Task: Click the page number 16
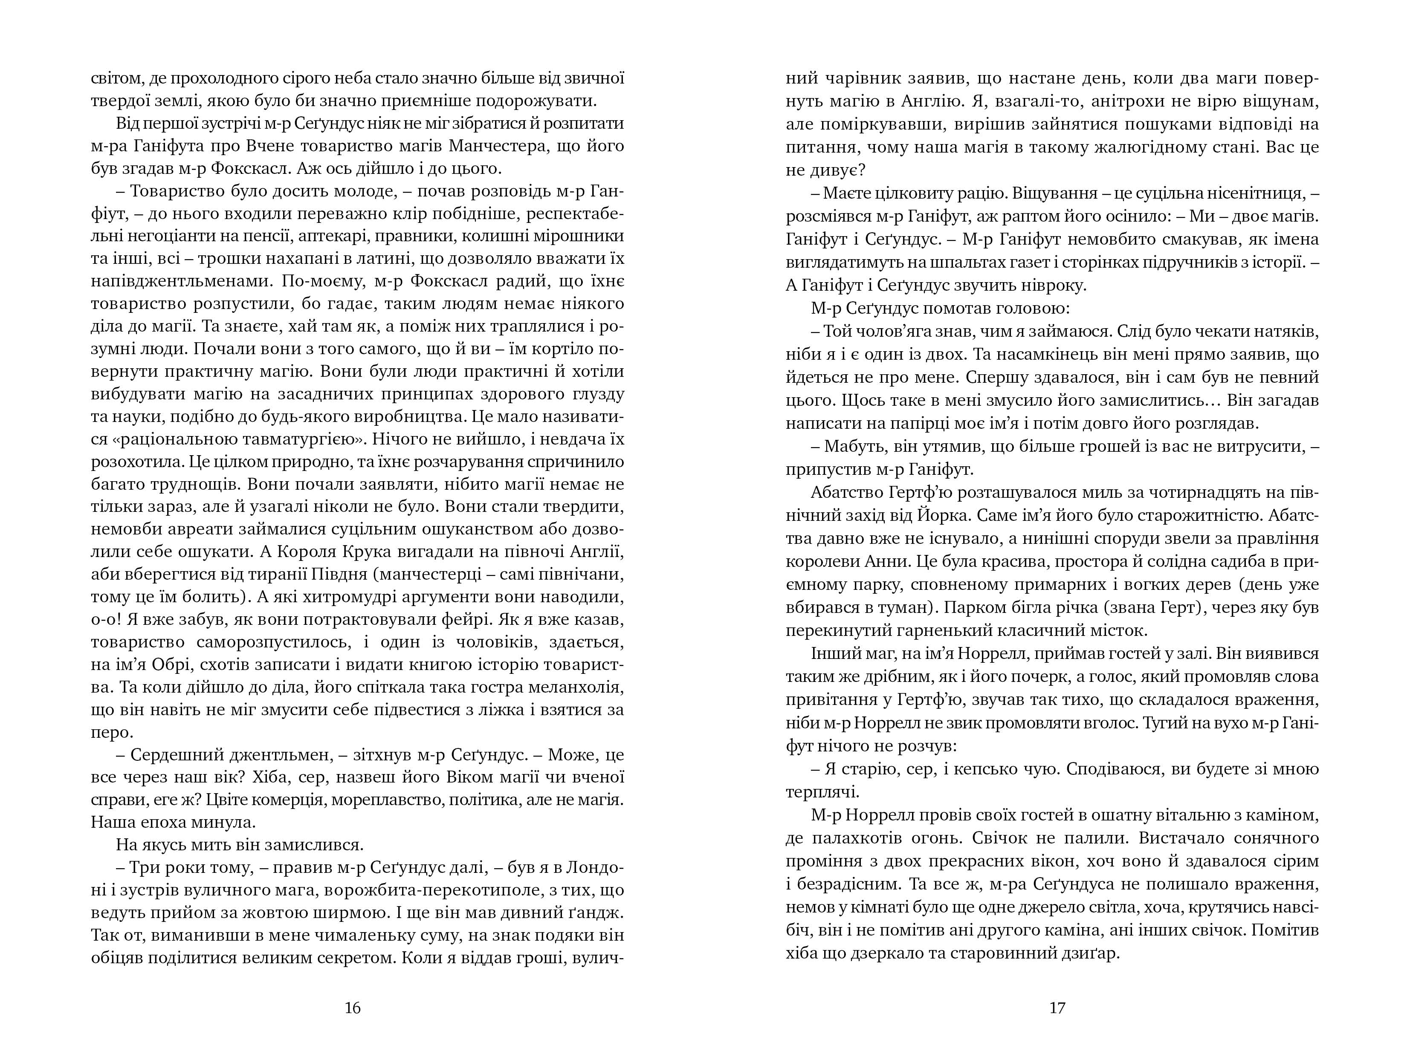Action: pyautogui.click(x=353, y=1007)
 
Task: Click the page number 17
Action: pyautogui.click(x=1057, y=1007)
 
